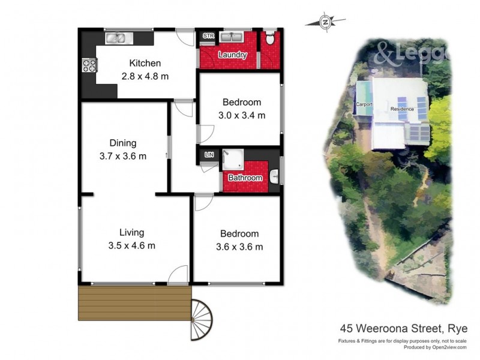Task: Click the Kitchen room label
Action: (x=145, y=63)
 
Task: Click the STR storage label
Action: (x=208, y=37)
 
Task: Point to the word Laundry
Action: (x=232, y=55)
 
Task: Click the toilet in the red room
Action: (x=270, y=39)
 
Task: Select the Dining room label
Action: (x=123, y=143)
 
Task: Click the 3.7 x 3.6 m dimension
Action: (x=122, y=156)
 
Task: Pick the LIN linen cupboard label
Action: (x=209, y=155)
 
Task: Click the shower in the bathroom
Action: (x=231, y=158)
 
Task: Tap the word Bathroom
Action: (x=245, y=178)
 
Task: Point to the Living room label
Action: (x=131, y=232)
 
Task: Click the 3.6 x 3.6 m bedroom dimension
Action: (x=239, y=247)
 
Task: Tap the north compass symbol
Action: (x=326, y=22)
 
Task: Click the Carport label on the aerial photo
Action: (x=364, y=104)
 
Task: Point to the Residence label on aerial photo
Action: (x=402, y=109)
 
